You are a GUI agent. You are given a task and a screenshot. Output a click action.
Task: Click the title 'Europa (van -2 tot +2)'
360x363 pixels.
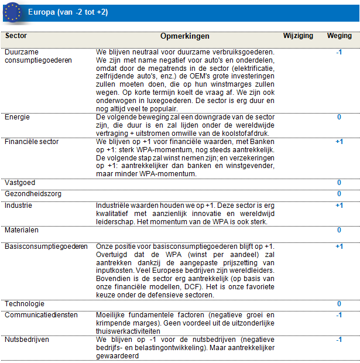tap(68, 12)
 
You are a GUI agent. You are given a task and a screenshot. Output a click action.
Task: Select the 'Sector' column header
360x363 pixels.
tap(15, 36)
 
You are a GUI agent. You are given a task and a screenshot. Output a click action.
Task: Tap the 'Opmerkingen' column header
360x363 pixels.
tap(185, 36)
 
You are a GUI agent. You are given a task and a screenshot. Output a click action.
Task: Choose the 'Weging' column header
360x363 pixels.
tap(340, 36)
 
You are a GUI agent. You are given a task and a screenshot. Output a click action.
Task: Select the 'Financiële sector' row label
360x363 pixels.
tap(32, 142)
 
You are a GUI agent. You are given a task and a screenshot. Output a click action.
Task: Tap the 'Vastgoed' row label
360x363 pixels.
tap(20, 183)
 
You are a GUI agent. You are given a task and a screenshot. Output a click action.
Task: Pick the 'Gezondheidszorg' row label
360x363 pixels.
tap(33, 193)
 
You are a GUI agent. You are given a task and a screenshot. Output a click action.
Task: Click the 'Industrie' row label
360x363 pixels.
tap(18, 206)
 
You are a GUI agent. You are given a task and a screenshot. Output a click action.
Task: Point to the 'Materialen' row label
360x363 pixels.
tap(22, 230)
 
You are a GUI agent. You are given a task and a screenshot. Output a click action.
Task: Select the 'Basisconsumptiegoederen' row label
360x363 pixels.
tap(46, 246)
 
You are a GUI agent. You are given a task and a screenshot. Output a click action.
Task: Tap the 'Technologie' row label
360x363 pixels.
tap(25, 304)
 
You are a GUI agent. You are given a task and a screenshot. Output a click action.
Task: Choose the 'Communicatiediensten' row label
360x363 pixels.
tap(41, 315)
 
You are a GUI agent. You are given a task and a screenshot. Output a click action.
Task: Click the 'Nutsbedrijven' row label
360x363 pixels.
tap(27, 339)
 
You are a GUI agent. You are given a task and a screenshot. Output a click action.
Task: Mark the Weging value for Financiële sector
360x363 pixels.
tap(339, 142)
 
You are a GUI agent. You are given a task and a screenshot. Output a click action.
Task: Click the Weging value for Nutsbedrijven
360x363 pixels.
tap(339, 339)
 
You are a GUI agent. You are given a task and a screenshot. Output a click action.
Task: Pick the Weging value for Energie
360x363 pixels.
tap(339, 117)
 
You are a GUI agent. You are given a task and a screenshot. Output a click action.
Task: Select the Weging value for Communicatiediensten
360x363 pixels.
tap(339, 315)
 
